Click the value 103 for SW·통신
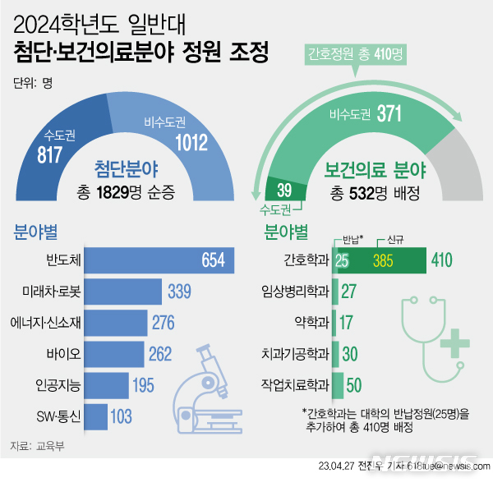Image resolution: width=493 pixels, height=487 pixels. click(121, 416)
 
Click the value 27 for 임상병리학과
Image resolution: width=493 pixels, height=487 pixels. click(348, 292)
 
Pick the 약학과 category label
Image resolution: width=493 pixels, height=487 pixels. click(311, 323)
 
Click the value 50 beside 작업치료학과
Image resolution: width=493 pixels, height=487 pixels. click(353, 384)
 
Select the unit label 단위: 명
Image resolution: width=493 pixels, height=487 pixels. click(35, 81)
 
